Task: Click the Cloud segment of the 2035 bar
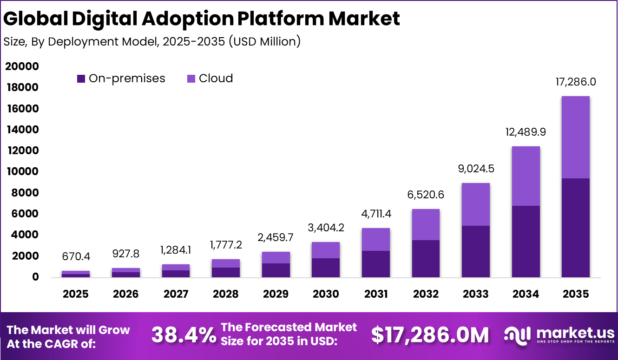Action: click(x=575, y=137)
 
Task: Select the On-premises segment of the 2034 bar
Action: click(x=526, y=241)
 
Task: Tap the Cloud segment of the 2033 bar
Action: click(x=476, y=204)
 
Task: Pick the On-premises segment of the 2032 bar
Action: click(x=426, y=258)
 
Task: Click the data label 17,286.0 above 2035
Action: click(x=576, y=82)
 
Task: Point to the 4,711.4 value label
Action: click(x=375, y=214)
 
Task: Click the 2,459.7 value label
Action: click(x=276, y=237)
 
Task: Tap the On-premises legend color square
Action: click(x=81, y=79)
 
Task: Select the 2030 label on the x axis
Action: click(x=325, y=294)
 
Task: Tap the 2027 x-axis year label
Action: click(x=176, y=294)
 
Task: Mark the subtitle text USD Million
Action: click(x=265, y=42)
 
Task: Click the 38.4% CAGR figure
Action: click(x=184, y=335)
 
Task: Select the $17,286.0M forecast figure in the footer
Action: click(x=430, y=335)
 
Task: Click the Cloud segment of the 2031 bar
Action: click(x=375, y=239)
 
